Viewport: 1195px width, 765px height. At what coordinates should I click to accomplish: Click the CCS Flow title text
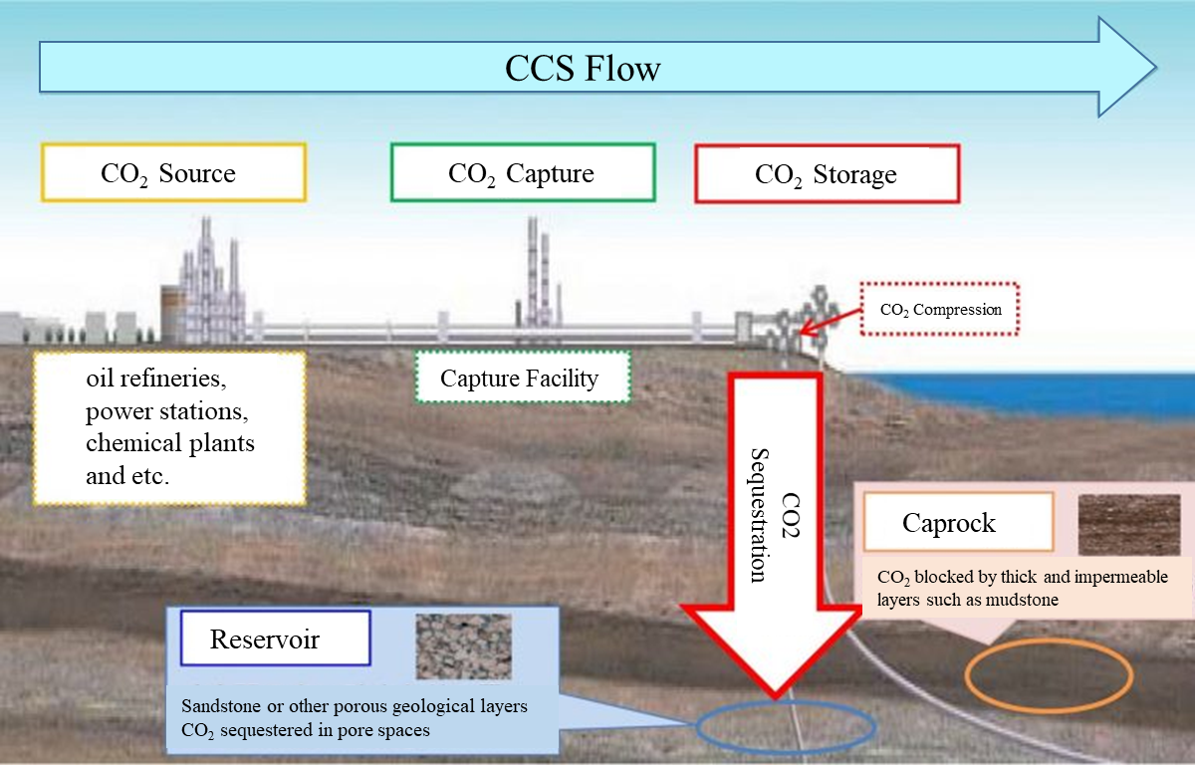[x=583, y=69]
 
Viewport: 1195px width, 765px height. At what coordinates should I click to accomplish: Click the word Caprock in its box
[x=948, y=523]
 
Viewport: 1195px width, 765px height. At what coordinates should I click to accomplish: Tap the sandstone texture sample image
[x=464, y=646]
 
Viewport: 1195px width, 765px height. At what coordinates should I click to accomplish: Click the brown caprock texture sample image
[x=1129, y=525]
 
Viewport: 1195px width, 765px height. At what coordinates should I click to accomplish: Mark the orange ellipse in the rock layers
[x=966, y=675]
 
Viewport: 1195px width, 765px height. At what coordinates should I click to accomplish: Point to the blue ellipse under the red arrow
[x=696, y=726]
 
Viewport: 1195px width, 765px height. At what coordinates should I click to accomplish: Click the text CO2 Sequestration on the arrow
[x=775, y=515]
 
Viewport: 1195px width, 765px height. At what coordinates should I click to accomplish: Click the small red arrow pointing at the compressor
[x=831, y=322]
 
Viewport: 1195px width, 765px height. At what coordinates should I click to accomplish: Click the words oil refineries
[x=156, y=379]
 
